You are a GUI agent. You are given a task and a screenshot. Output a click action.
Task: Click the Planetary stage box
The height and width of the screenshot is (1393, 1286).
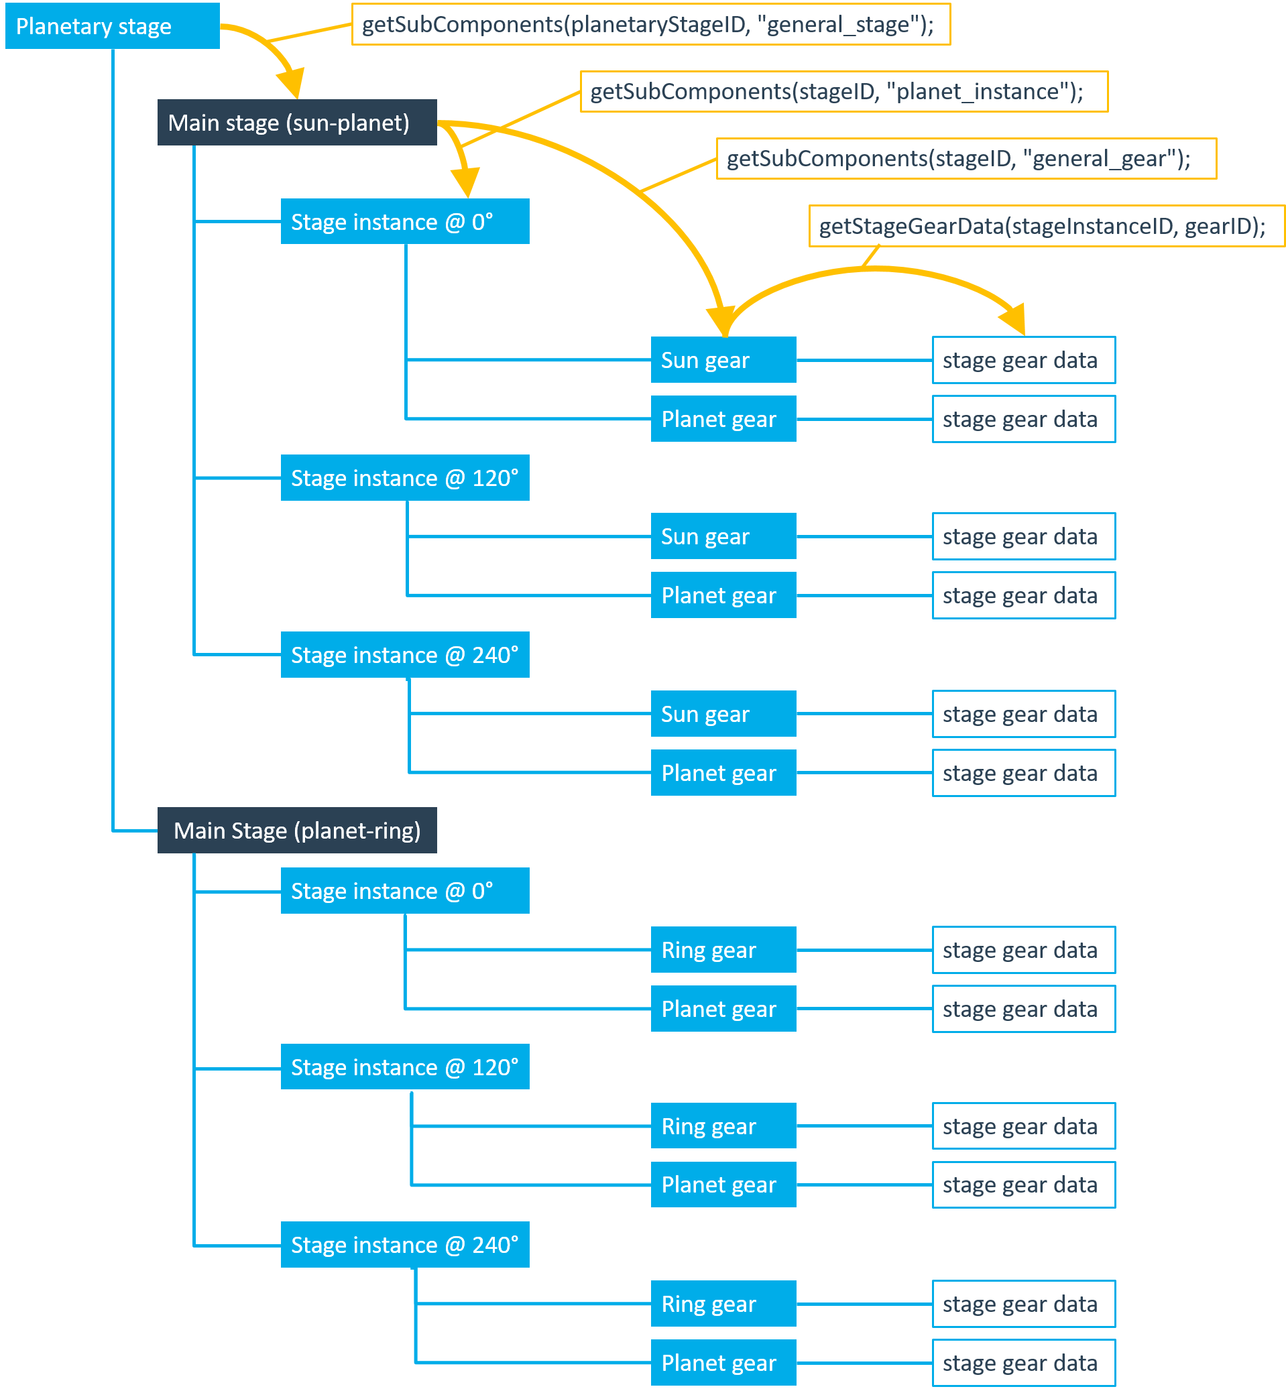(112, 25)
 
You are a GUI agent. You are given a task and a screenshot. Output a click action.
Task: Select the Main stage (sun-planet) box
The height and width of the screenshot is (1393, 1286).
(296, 123)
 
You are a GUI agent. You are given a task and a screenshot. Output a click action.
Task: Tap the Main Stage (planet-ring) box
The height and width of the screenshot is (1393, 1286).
(296, 830)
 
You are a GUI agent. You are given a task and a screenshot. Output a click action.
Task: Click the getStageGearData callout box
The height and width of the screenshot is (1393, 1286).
(1046, 226)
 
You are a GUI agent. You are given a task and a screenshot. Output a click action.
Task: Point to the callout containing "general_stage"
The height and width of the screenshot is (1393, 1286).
(650, 24)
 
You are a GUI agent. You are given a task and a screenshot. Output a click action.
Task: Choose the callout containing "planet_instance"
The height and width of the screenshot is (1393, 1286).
(843, 91)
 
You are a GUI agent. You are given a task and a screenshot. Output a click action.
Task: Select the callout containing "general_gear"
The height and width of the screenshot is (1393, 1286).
(966, 159)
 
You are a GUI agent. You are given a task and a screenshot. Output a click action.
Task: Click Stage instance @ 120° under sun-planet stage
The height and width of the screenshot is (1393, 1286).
(404, 478)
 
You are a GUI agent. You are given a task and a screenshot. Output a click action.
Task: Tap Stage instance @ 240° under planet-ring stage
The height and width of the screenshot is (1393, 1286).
(404, 1244)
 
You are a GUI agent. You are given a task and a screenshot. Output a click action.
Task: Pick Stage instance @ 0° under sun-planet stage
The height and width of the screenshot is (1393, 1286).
(404, 221)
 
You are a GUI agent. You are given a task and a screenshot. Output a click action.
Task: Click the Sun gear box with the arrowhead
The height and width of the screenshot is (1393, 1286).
(723, 360)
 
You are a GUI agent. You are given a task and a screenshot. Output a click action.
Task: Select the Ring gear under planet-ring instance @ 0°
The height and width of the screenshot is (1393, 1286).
(723, 950)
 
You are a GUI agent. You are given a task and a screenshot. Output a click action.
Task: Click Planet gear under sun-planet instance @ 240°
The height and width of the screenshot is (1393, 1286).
(723, 772)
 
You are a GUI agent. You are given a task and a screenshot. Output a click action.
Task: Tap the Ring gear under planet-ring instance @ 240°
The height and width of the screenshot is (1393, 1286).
(723, 1303)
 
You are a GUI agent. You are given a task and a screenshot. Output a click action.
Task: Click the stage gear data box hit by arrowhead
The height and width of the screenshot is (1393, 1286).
(1023, 360)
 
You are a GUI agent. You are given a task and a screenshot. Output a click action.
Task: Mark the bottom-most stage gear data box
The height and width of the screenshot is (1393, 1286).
(1023, 1362)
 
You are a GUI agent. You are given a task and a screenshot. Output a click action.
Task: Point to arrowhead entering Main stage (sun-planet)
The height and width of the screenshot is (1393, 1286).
(292, 84)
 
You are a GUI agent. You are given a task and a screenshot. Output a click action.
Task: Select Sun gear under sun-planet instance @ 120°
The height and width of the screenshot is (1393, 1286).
(723, 536)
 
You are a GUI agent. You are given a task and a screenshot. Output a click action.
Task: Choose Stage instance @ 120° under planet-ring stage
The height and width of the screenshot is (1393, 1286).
(404, 1067)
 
